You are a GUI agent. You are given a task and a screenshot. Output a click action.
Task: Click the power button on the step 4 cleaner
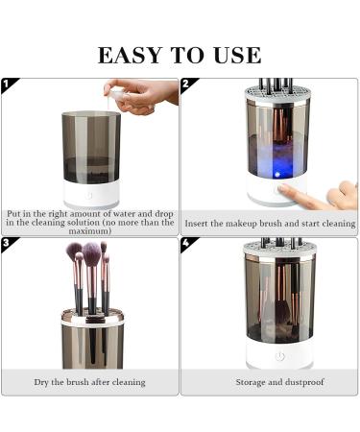point(279,356)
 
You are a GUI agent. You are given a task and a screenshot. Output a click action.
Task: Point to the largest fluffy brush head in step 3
point(92,255)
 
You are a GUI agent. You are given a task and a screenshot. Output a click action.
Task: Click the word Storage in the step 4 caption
point(251,382)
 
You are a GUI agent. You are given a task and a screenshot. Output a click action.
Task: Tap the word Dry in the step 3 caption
point(43,382)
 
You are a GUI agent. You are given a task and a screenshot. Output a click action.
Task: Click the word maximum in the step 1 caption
point(91,231)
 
